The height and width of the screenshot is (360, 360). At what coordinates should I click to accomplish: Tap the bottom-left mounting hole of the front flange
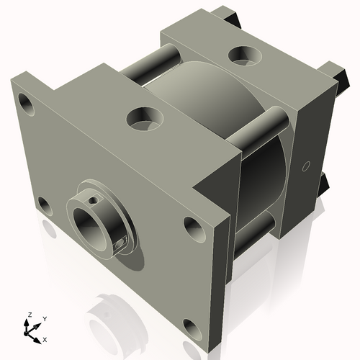pos(43,206)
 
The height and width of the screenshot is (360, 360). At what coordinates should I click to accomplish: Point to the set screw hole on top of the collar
pos(93,197)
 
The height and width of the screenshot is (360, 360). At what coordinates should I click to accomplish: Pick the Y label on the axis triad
pos(44,318)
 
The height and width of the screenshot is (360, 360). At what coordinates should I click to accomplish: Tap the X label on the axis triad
pos(45,338)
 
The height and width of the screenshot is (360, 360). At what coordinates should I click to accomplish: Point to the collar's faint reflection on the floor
pos(108,310)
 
